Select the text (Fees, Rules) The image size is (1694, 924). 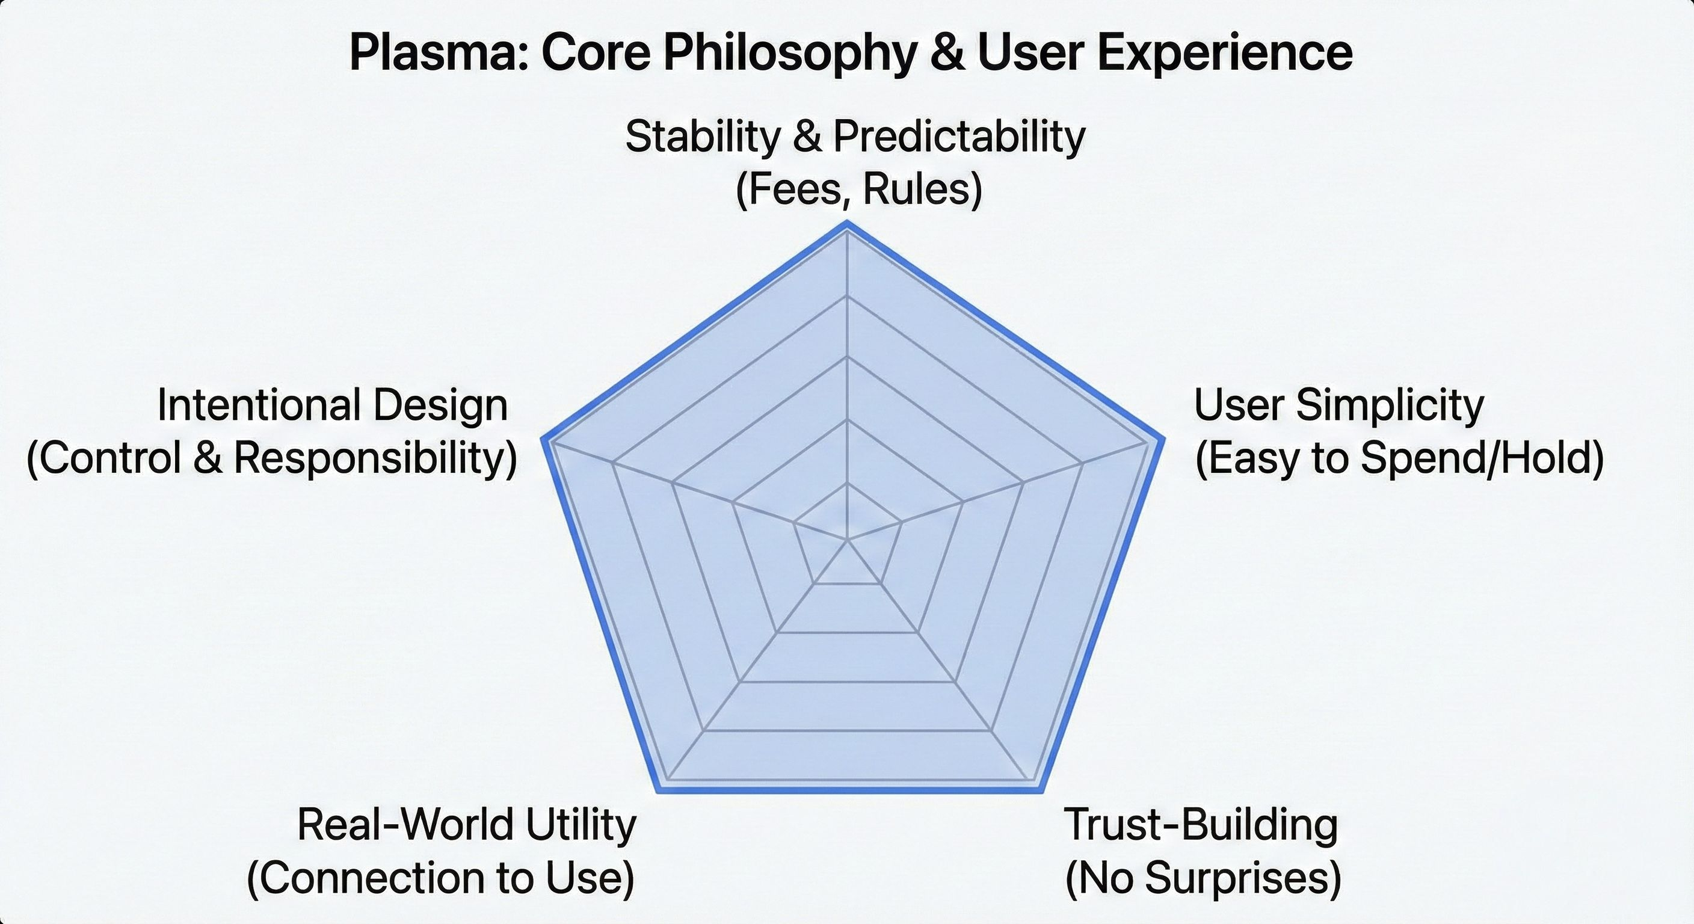[858, 190]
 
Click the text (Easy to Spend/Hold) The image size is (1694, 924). [1399, 458]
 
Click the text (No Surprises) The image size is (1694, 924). [1202, 878]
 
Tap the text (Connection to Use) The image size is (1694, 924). [440, 878]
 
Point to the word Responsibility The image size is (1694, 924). [375, 458]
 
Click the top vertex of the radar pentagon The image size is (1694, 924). [847, 224]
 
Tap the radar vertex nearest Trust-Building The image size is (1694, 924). [1041, 791]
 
